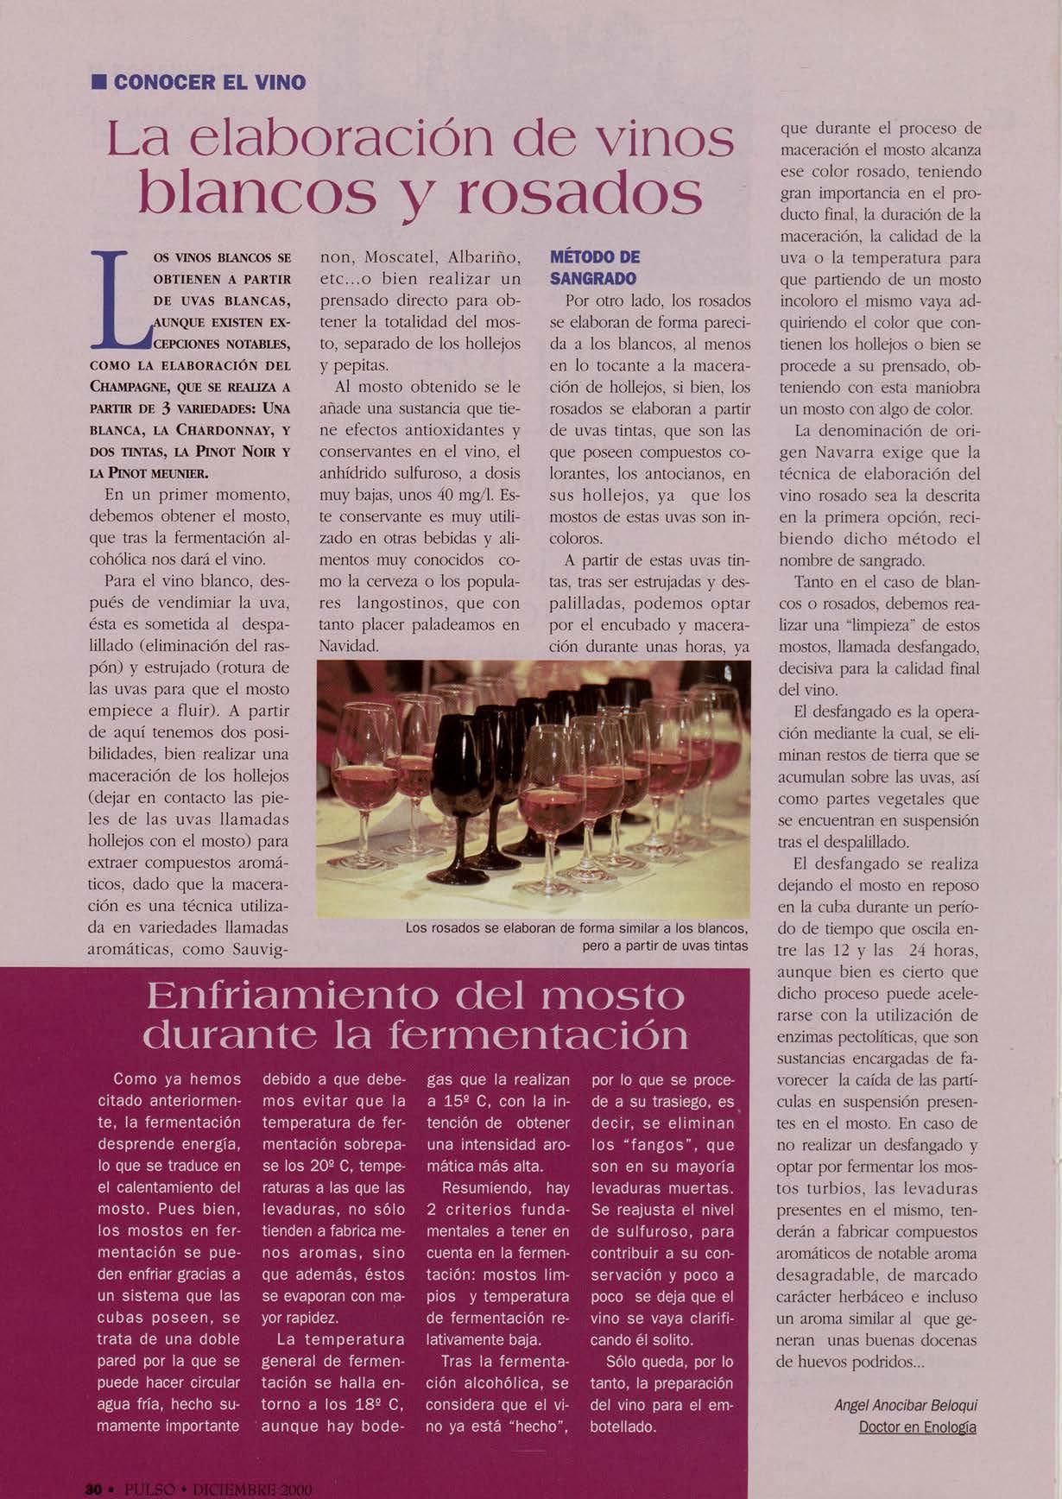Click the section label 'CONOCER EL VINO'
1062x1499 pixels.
click(x=209, y=83)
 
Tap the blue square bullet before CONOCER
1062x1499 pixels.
click(x=99, y=83)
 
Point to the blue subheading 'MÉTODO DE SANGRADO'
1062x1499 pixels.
click(x=594, y=268)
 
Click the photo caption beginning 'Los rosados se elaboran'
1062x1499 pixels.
click(x=576, y=937)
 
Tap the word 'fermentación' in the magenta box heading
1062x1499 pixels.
click(x=538, y=1034)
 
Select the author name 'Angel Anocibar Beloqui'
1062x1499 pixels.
click(x=906, y=1405)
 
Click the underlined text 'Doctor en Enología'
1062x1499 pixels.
click(x=917, y=1426)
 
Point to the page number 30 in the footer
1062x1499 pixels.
click(x=93, y=1490)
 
